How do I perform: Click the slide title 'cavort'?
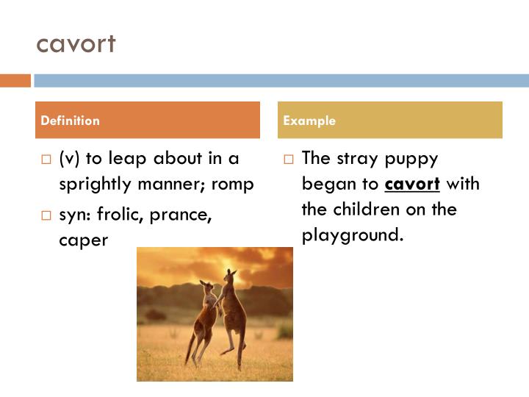(x=76, y=44)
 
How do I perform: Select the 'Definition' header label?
(x=71, y=121)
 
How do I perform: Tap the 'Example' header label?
(x=309, y=121)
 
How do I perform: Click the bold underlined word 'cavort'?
(x=412, y=183)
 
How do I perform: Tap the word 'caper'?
(x=84, y=240)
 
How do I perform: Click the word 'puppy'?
(x=412, y=159)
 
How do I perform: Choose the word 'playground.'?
(x=353, y=235)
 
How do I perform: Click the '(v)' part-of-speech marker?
(x=70, y=158)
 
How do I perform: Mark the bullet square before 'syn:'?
(x=46, y=215)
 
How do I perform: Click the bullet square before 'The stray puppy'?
(x=288, y=159)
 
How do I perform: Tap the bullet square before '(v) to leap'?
(x=46, y=159)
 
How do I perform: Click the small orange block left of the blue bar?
(x=15, y=80)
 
